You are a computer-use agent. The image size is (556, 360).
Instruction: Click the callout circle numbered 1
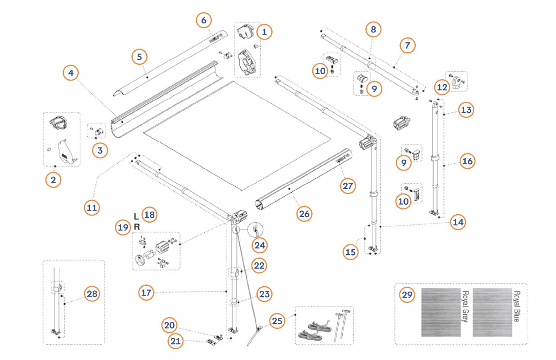[x=265, y=31]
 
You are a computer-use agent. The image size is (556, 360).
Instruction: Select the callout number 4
[x=71, y=73]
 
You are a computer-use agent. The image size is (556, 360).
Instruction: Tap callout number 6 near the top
[x=204, y=20]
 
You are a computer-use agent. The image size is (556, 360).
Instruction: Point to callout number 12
[x=443, y=87]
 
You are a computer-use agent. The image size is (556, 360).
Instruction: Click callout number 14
[x=458, y=221]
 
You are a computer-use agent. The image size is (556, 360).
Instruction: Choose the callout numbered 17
[x=146, y=292]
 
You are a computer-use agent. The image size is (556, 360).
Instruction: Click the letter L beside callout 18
[x=136, y=216]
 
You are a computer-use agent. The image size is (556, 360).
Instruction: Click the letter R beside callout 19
[x=137, y=226]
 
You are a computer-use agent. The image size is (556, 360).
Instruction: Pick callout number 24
[x=260, y=245]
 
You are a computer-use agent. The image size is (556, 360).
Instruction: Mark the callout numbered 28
[x=92, y=294]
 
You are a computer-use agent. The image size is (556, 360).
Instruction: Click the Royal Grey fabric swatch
[x=441, y=312]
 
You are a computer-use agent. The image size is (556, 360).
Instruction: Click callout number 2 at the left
[x=54, y=180]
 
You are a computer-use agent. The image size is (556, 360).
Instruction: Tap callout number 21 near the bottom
[x=176, y=342]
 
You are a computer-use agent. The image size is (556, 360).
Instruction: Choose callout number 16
[x=467, y=161]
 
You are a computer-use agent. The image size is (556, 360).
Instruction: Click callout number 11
[x=92, y=207]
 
